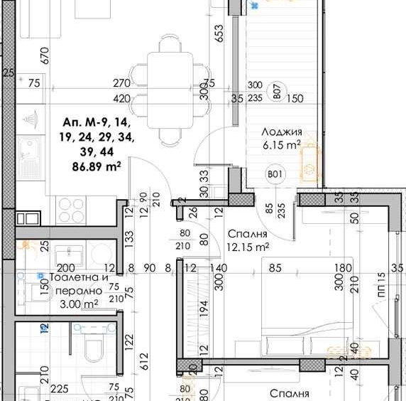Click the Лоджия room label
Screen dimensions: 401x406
(282, 132)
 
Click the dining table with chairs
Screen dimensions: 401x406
(165, 88)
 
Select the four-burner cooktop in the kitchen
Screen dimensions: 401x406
(70, 209)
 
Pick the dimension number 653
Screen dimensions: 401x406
(219, 34)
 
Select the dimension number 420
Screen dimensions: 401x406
(122, 99)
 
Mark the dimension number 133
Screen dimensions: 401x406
(129, 236)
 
